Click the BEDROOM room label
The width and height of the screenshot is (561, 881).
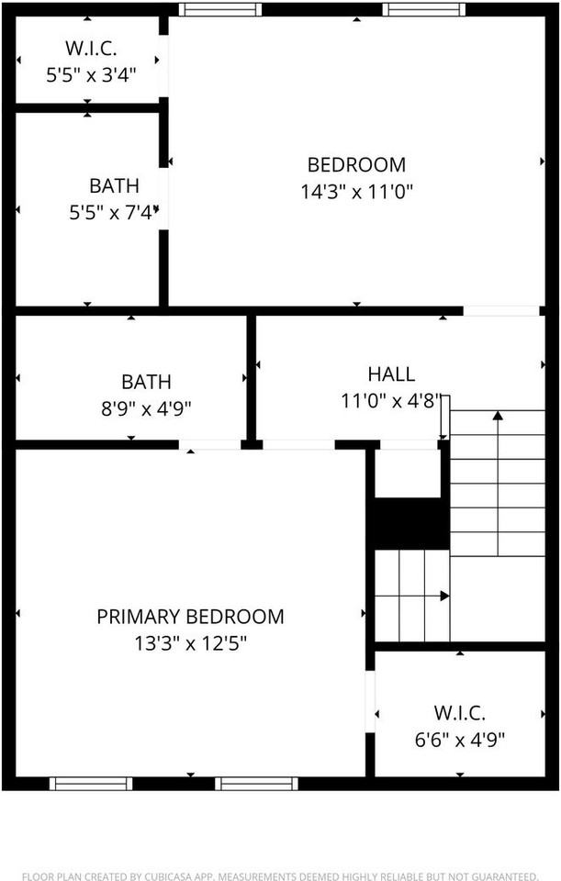pos(356,165)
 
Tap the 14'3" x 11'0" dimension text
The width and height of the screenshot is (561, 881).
pos(356,192)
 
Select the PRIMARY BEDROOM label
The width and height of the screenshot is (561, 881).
pos(190,617)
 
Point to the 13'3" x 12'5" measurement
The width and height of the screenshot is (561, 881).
pos(190,642)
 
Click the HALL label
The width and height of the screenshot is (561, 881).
pos(391,374)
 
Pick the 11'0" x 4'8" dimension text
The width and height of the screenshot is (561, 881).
pos(391,401)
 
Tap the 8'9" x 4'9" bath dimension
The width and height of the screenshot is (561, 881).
pos(146,407)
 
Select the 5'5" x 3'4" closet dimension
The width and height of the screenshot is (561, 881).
pos(91,75)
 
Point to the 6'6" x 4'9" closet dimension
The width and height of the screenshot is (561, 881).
pos(459,738)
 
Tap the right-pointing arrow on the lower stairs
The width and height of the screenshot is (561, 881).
pos(444,596)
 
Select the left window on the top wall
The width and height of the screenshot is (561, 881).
pos(219,10)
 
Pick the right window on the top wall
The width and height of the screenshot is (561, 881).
pos(424,10)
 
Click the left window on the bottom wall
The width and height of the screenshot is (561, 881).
pos(91,783)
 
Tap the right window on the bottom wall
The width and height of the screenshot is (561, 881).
pos(256,783)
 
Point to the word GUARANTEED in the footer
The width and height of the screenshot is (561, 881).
pos(503,876)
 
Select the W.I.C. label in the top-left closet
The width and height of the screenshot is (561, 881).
pos(89,48)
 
